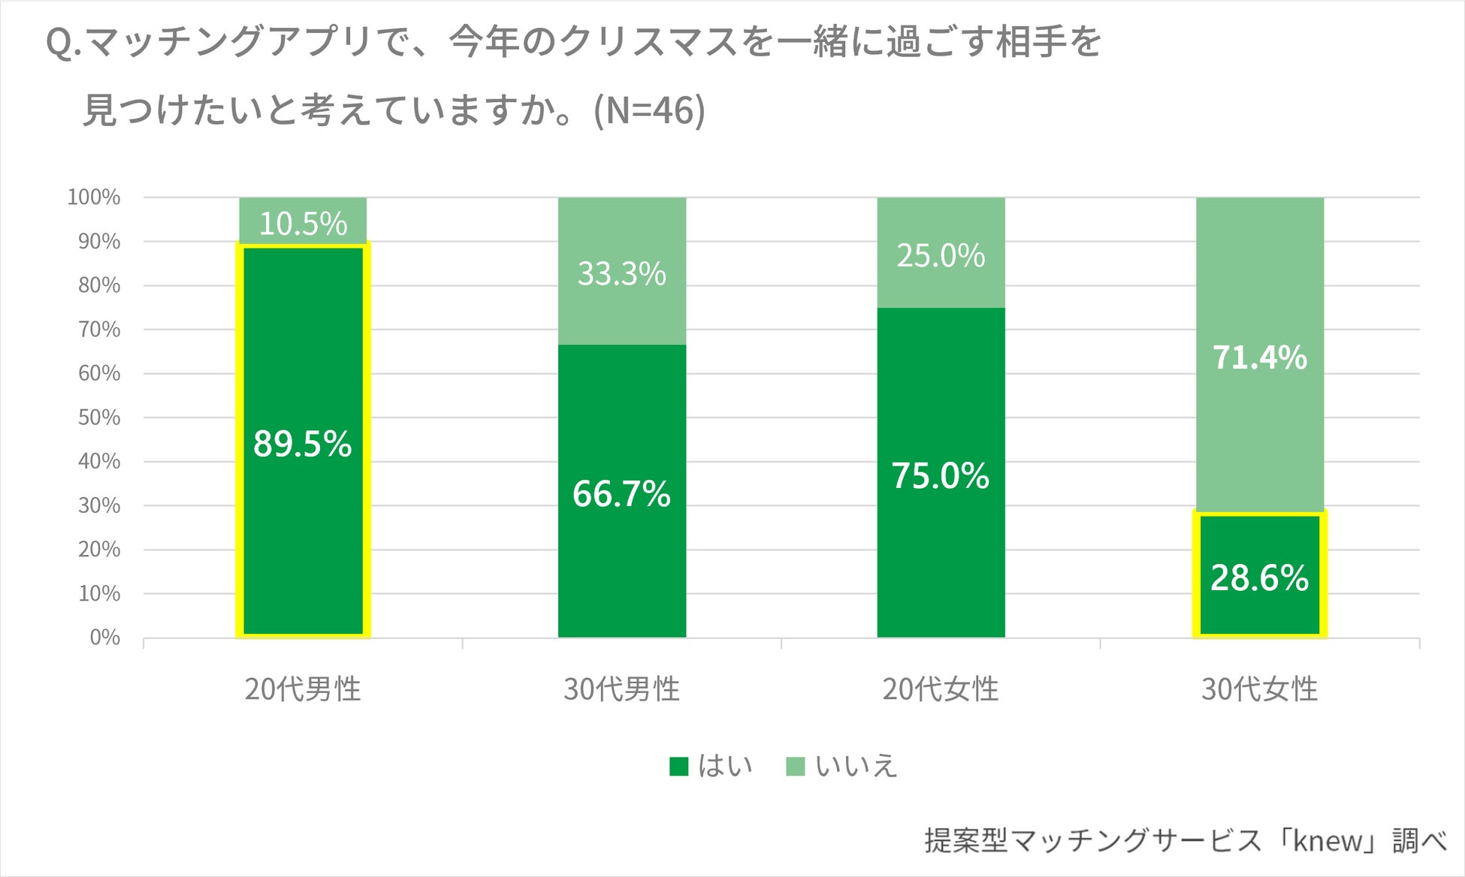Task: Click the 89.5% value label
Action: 302,444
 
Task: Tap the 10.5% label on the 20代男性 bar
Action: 303,224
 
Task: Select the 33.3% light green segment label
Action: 621,273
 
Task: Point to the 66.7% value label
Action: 621,494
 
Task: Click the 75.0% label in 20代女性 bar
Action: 940,476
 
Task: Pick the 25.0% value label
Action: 940,256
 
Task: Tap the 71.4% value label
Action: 1259,357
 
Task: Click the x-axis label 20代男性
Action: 302,689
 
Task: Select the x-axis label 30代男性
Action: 621,689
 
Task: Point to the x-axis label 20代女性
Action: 940,689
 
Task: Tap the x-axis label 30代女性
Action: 1259,689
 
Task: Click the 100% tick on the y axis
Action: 94,197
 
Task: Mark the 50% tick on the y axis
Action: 99,417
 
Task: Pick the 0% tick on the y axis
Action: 104,637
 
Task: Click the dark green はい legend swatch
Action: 678,767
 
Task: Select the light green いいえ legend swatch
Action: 795,767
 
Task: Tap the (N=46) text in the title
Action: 649,110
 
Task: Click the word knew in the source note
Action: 1327,841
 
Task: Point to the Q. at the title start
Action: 63,43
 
